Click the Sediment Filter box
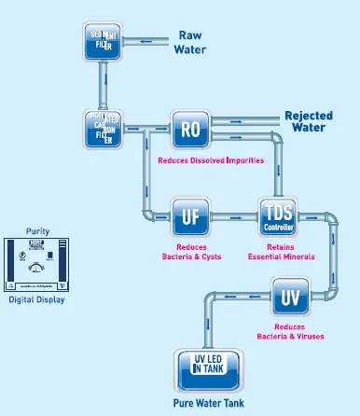point(104,41)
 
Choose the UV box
point(291,298)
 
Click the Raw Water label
point(191,42)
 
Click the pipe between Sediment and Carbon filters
point(104,84)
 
